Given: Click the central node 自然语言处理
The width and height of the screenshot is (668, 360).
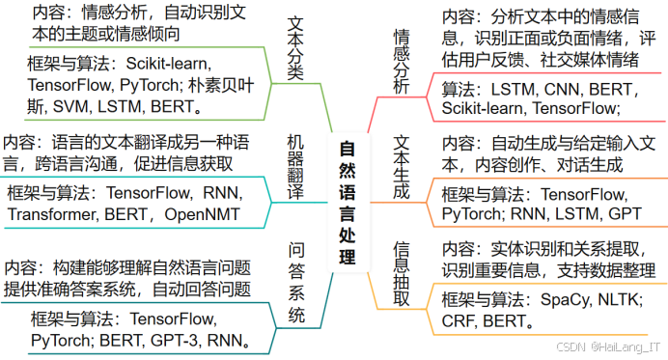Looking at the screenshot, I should coord(348,203).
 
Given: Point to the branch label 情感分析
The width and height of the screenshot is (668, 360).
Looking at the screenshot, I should coord(402,60).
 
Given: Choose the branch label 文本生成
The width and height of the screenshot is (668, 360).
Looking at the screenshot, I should coord(402,167).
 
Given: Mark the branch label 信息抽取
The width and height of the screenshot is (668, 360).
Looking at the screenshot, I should coord(402,273).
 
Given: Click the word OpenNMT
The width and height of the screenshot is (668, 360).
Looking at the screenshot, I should coord(207,213).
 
